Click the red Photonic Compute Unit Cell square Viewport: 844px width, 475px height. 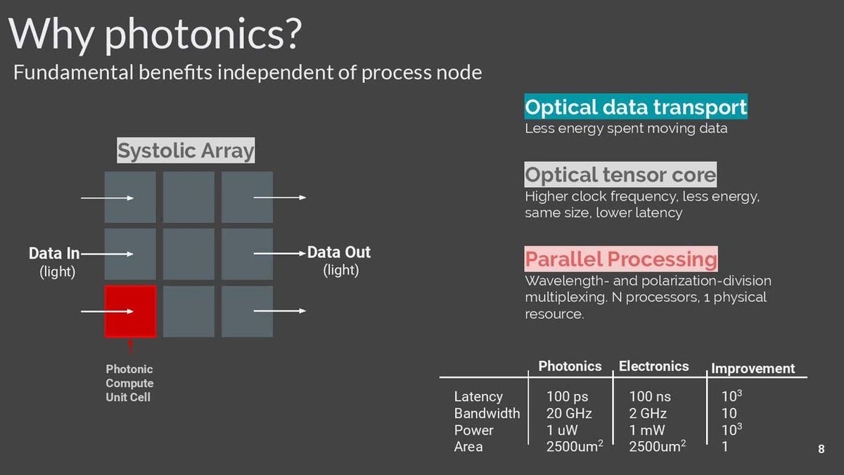click(x=130, y=311)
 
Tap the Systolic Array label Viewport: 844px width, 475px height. click(x=186, y=151)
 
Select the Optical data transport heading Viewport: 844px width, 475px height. click(x=636, y=107)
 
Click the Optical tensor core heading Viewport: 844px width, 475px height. click(x=620, y=175)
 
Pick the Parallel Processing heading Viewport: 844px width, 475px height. click(x=621, y=259)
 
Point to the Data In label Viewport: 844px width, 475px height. click(x=54, y=253)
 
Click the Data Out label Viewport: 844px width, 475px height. click(x=339, y=252)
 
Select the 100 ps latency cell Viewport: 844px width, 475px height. click(x=567, y=397)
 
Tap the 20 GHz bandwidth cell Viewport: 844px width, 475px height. click(x=569, y=414)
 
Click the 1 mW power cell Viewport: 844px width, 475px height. click(x=647, y=430)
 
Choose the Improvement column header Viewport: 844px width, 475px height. click(x=753, y=368)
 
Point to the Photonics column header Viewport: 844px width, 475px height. click(x=570, y=366)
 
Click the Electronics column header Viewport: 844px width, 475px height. click(x=653, y=366)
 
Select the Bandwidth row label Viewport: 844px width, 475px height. click(x=487, y=414)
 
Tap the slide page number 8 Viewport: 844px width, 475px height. click(x=821, y=449)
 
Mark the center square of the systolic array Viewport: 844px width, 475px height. click(x=188, y=254)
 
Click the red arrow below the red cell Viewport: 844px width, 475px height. click(x=130, y=348)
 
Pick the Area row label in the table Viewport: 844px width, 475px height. click(x=468, y=447)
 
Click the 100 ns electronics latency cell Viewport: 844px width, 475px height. click(x=650, y=397)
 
